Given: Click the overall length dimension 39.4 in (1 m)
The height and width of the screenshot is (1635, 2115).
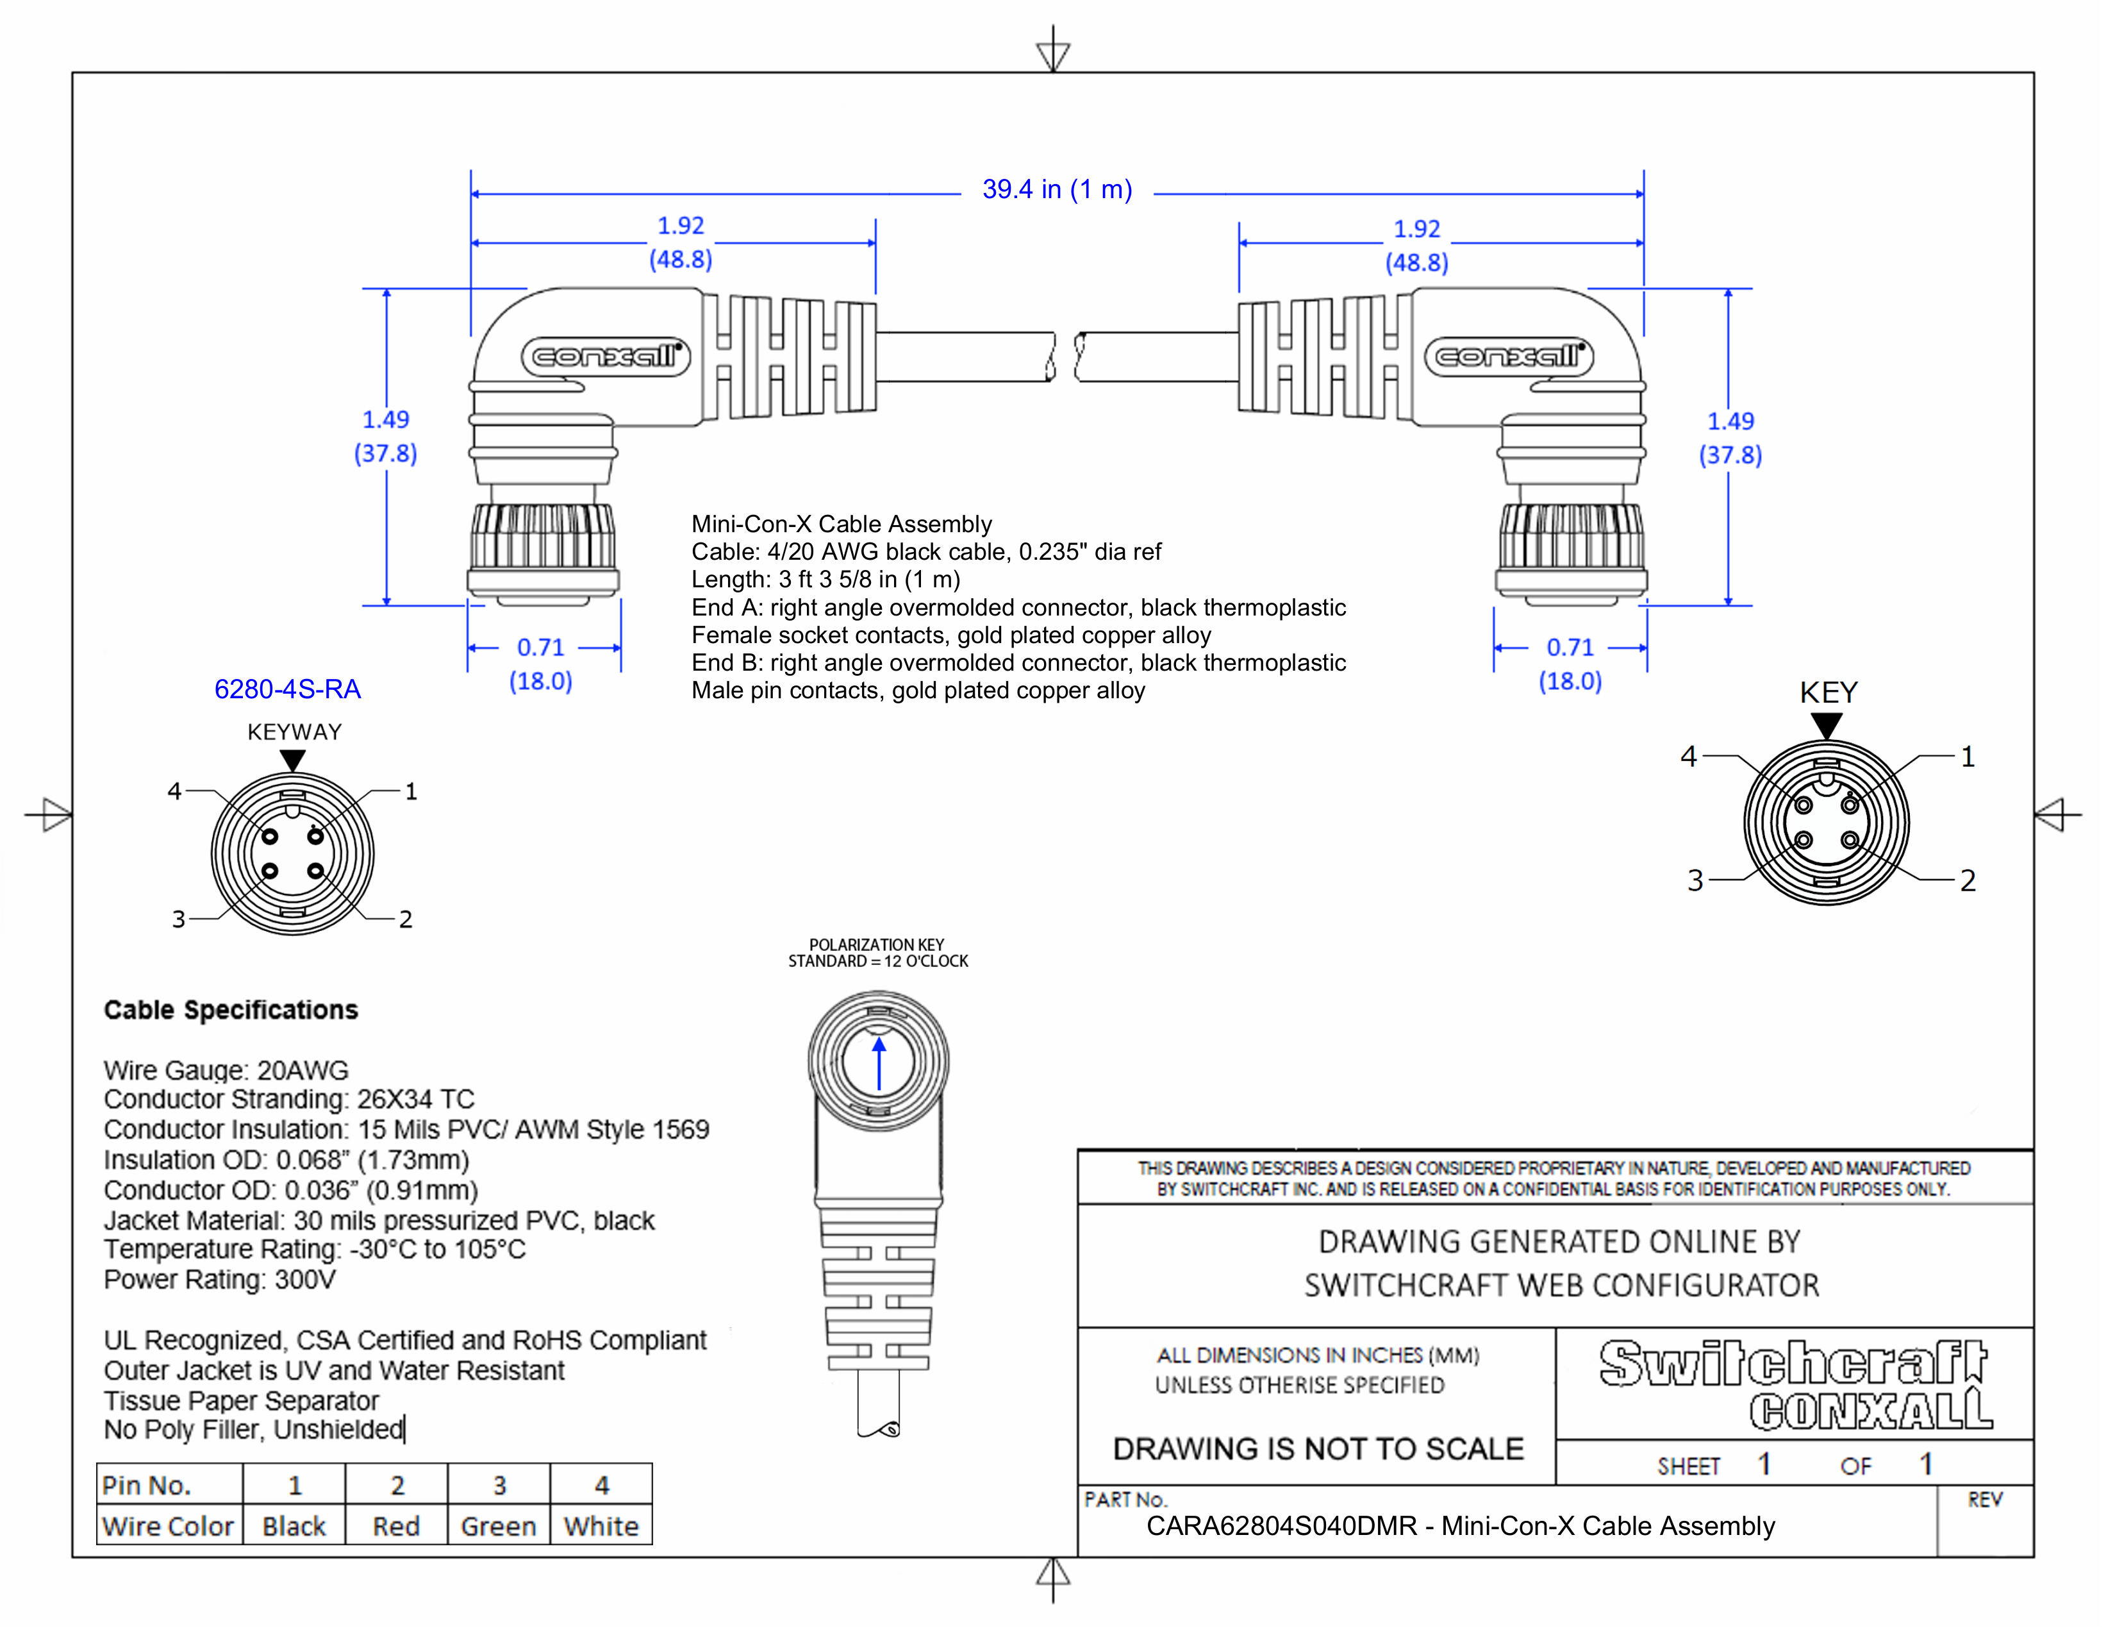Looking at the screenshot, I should [x=1056, y=190].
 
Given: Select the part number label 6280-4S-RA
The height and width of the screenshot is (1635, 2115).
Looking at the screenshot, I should [x=288, y=690].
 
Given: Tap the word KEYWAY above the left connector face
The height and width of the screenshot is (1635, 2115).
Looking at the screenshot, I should [x=294, y=732].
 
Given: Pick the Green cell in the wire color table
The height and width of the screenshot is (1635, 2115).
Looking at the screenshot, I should [x=498, y=1527].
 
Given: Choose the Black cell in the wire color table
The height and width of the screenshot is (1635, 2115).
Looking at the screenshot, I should [x=294, y=1527].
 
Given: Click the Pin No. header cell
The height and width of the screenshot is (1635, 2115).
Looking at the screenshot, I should [x=147, y=1486].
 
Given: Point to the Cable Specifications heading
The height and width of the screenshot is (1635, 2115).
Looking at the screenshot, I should [x=231, y=1010].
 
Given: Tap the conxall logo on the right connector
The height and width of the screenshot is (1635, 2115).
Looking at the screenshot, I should [x=1509, y=356].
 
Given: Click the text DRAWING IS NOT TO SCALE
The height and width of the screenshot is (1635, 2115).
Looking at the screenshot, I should [x=1318, y=1449].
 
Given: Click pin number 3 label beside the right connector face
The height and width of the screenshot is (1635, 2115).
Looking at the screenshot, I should [x=1695, y=880].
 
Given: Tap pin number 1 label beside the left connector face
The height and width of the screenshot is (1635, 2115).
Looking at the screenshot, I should [x=411, y=791].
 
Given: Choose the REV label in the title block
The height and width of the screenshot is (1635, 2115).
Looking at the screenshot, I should [x=1984, y=1500].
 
